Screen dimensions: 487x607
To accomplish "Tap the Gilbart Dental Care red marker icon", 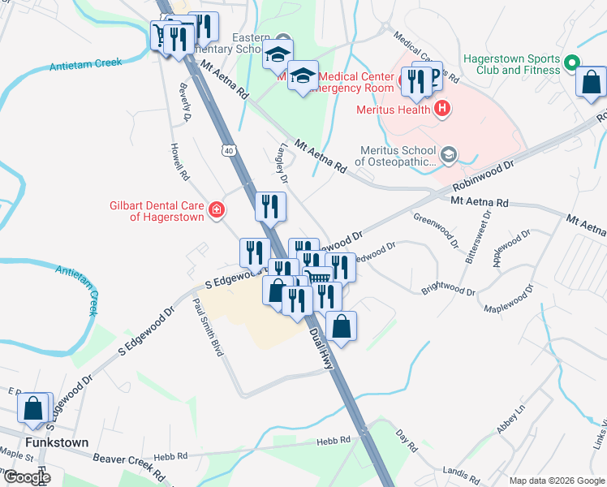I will coord(216,211).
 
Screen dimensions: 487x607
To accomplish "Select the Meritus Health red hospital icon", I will coord(441,109).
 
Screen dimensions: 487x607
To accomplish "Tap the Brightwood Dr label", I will coord(448,290).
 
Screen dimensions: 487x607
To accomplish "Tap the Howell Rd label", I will coord(179,162).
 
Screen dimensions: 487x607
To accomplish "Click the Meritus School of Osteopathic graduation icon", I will coord(449,153).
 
